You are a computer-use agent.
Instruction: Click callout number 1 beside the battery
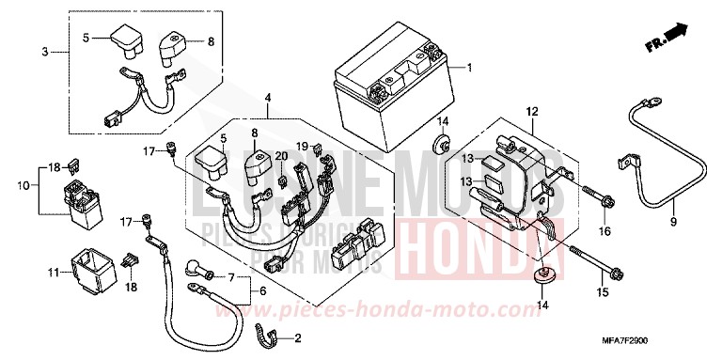point(470,69)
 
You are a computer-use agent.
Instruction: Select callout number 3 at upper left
point(44,50)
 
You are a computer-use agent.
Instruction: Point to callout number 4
point(268,98)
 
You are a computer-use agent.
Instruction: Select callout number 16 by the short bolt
point(604,231)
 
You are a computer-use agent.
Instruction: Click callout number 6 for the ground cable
point(263,292)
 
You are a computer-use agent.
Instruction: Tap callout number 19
point(300,147)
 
